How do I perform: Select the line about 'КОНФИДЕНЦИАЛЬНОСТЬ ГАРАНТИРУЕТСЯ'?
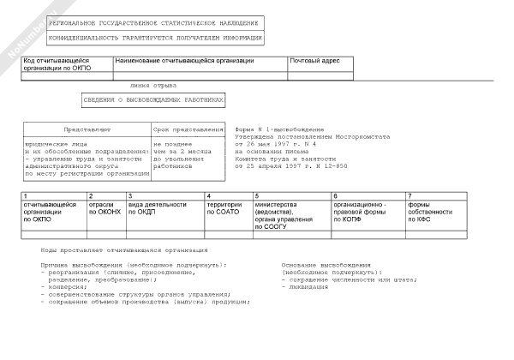point(143,39)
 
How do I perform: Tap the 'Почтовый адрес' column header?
point(316,61)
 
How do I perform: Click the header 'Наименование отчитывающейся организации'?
point(184,61)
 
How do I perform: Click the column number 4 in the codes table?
point(207,197)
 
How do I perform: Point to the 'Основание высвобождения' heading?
point(326,265)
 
